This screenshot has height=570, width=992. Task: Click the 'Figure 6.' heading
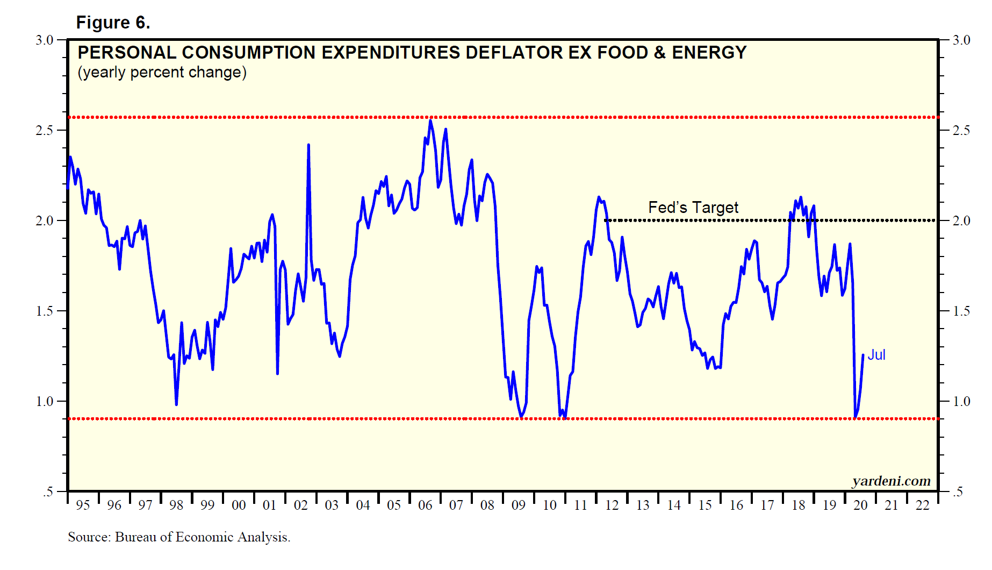coord(113,23)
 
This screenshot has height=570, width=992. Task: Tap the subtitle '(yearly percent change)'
coord(162,72)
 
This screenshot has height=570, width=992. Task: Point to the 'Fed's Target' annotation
coord(693,208)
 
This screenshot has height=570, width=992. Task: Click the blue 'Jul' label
coord(876,355)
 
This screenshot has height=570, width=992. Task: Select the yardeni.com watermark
coord(891,481)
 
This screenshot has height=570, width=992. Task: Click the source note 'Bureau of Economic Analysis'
coord(202,537)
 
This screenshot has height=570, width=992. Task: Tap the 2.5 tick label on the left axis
coord(44,130)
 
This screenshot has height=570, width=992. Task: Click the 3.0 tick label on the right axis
coord(961,40)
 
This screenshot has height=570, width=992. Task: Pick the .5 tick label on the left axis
coord(48,491)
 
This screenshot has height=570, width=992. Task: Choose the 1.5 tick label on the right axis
coord(961,311)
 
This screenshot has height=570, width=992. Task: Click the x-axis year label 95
coord(83,505)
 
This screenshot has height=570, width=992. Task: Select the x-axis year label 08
coord(487,505)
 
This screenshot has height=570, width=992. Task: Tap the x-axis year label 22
coord(923,505)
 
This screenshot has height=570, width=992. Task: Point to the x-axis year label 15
coord(705,505)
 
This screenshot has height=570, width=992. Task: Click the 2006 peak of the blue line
coord(430,120)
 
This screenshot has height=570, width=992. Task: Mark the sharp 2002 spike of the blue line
coord(308,145)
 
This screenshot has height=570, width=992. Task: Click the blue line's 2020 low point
coord(855,417)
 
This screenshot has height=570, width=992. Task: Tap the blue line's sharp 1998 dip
coord(176,404)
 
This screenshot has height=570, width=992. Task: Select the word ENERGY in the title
coord(709,53)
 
